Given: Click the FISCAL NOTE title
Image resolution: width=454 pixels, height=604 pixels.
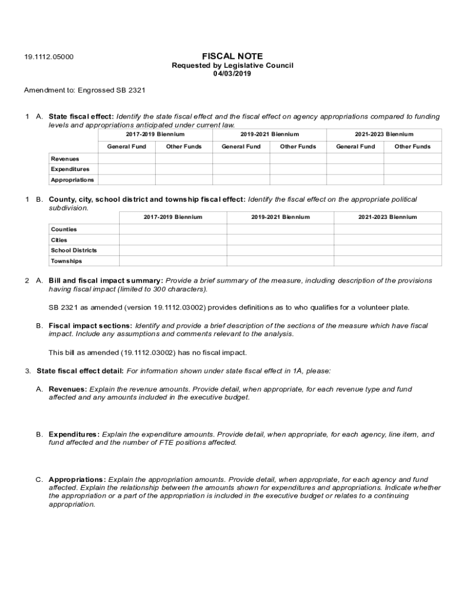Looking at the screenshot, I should (x=232, y=56).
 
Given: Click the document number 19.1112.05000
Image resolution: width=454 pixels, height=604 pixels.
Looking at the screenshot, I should (x=49, y=57).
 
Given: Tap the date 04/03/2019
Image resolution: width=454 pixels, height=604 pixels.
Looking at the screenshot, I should (x=232, y=74).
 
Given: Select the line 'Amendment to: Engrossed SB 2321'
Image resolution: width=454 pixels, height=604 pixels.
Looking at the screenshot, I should (x=84, y=90).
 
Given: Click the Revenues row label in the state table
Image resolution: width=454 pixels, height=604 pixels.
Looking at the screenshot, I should (x=65, y=159).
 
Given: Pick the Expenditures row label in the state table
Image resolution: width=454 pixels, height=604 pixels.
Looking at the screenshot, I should (x=70, y=169).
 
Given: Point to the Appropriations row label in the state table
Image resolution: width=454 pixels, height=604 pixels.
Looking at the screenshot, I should (x=72, y=180).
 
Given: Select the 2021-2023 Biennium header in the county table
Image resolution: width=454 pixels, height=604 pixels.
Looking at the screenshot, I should (x=387, y=217).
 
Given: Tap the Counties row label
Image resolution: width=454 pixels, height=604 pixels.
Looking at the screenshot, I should (x=64, y=229).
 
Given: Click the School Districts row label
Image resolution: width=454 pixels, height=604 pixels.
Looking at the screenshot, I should (x=74, y=250).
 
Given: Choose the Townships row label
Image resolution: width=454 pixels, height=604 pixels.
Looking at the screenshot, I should (x=66, y=261).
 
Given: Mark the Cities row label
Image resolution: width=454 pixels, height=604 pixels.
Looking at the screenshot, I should (x=59, y=240).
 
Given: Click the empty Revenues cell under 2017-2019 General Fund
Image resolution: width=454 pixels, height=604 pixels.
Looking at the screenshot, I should (x=126, y=159).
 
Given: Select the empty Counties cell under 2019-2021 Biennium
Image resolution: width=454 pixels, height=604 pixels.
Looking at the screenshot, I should (x=280, y=229).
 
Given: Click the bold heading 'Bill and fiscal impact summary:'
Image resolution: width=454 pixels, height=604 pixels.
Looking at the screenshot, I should (x=106, y=281).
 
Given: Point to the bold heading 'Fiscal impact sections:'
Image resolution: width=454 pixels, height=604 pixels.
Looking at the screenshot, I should (x=90, y=326).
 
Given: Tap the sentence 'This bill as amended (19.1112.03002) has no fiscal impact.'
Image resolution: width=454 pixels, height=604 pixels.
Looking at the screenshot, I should (x=147, y=353).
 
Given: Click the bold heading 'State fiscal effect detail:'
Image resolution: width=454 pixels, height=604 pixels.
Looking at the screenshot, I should (x=80, y=371).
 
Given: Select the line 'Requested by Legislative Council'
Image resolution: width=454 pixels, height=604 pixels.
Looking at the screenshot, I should (x=232, y=65).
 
